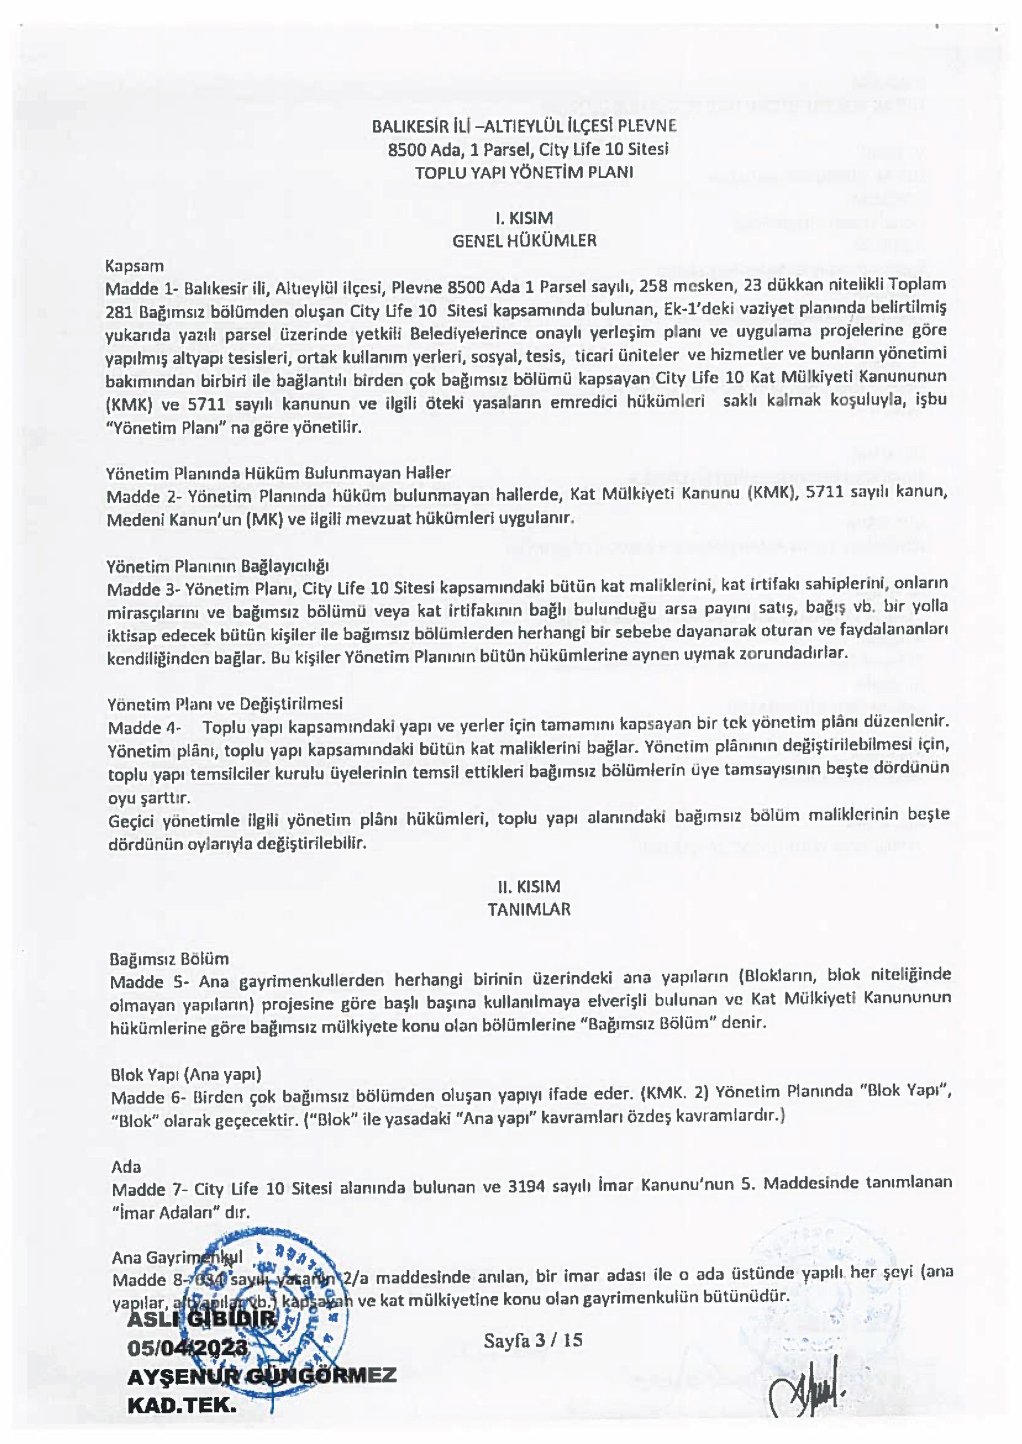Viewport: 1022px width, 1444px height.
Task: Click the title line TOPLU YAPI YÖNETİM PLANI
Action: [523, 173]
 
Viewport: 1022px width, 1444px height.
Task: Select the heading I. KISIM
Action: [523, 218]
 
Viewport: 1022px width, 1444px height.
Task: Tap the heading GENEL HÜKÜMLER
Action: [524, 240]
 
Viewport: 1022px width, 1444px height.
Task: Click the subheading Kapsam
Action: [134, 266]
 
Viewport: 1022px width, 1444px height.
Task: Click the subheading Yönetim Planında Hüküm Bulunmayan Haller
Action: [278, 473]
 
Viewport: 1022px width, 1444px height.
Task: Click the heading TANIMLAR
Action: [528, 910]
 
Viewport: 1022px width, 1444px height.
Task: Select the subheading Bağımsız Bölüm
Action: [169, 959]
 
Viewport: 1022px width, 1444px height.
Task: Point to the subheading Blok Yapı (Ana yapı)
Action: [186, 1074]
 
